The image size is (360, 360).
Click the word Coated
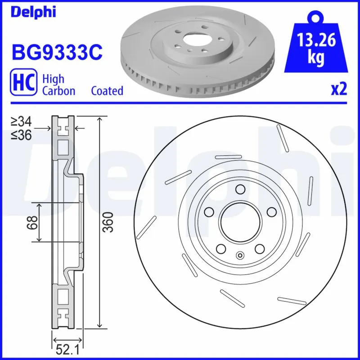(107, 91)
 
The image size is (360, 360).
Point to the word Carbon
(58, 91)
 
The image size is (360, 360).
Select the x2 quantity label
(339, 90)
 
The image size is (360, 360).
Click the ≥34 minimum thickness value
(21, 121)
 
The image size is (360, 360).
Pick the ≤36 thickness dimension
(21, 135)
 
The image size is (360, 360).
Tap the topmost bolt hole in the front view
(240, 189)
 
